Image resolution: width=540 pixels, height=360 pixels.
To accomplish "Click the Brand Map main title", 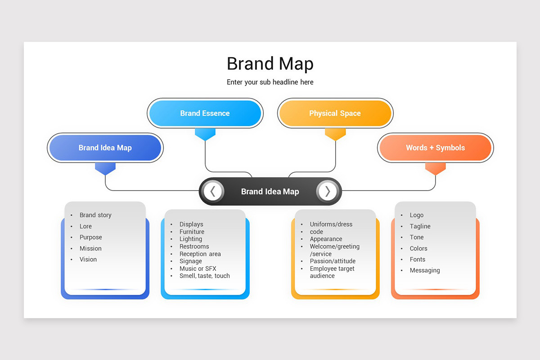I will (x=270, y=64).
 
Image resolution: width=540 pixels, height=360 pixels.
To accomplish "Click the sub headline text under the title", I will (x=270, y=82).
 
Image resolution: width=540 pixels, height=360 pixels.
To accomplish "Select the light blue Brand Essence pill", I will (x=205, y=113).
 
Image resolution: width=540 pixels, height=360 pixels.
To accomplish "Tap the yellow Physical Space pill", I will (x=335, y=113).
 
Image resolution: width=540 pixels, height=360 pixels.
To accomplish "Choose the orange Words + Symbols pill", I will (x=435, y=148).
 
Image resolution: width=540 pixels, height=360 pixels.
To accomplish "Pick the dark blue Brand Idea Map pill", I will (x=105, y=148).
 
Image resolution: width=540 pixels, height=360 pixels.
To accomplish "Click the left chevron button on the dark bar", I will (x=213, y=191).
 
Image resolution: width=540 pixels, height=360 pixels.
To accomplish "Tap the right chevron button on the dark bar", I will (x=327, y=191).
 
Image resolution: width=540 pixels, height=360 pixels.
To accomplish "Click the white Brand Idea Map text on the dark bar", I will (x=270, y=191).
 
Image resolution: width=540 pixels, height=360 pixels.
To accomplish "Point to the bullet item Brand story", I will (x=95, y=215).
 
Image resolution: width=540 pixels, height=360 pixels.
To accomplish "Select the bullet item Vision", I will (x=88, y=259).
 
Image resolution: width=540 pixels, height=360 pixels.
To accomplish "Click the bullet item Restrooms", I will (x=194, y=247).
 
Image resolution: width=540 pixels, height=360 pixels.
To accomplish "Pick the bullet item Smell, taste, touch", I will (x=204, y=276).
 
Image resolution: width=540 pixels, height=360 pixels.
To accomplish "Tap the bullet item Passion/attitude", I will (x=333, y=261).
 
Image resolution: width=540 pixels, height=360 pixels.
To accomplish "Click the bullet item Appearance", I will (x=326, y=239).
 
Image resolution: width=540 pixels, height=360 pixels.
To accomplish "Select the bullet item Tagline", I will (x=420, y=226).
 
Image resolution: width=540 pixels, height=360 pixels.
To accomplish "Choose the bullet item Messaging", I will (x=425, y=270).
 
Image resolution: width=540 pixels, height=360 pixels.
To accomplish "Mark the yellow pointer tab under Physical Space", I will (x=335, y=134).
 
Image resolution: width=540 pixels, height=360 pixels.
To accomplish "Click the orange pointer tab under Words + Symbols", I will (x=435, y=168).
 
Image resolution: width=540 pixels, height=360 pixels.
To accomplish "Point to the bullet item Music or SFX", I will (x=198, y=269).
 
